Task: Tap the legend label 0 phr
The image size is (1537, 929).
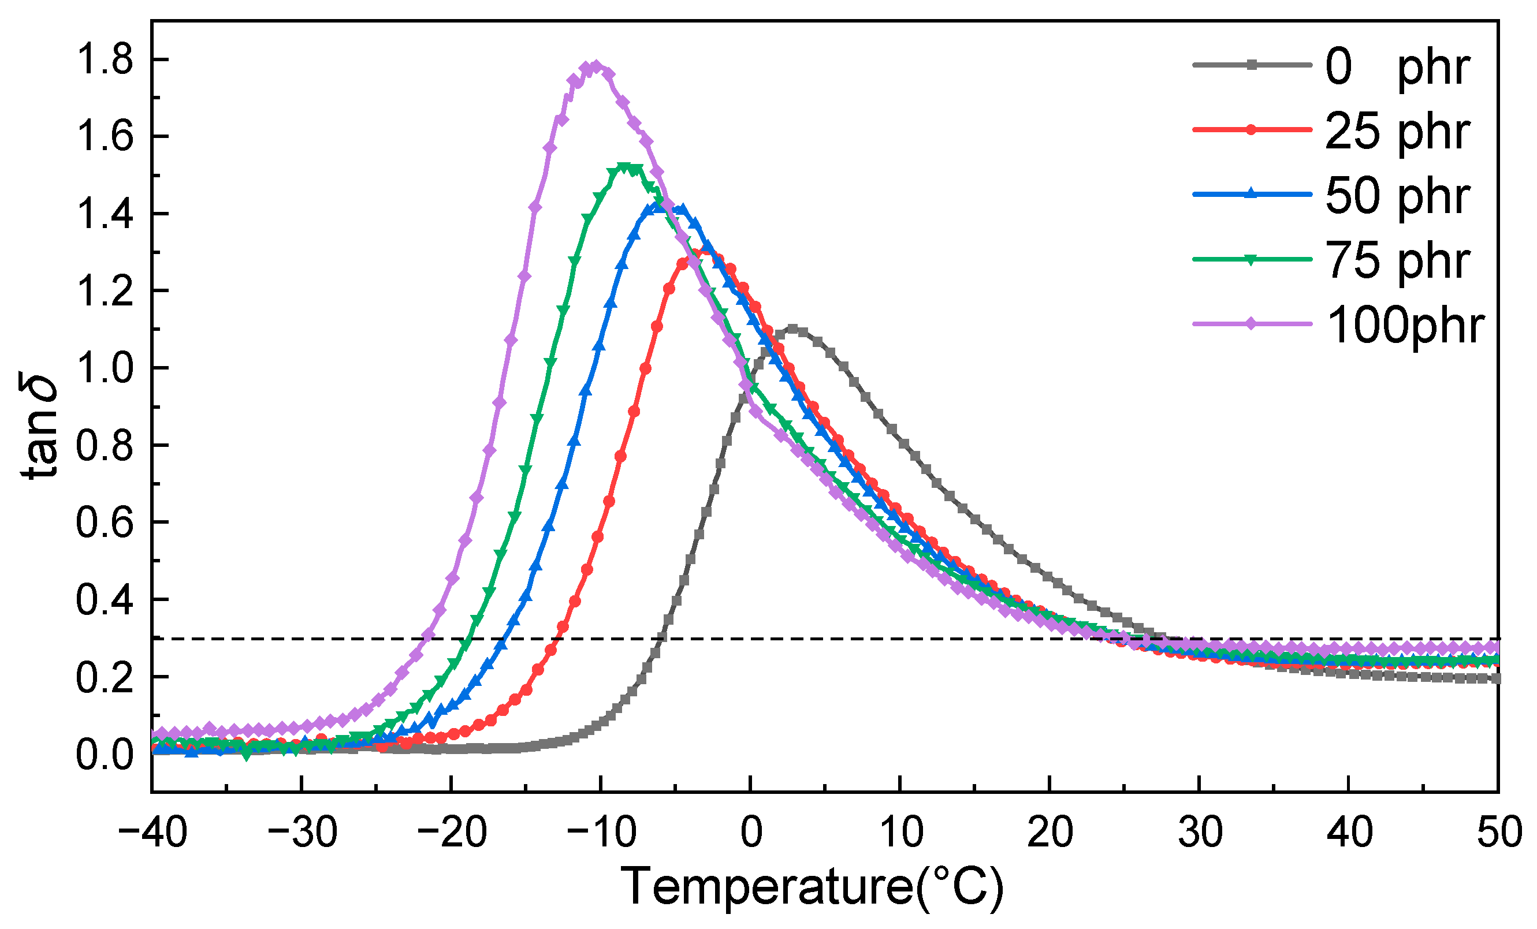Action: (x=1397, y=67)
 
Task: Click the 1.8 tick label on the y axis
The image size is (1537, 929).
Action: (x=104, y=61)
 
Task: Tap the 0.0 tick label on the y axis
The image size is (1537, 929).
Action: (x=104, y=755)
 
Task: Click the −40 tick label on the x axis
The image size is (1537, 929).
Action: (x=152, y=833)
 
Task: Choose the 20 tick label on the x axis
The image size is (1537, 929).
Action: (x=1050, y=833)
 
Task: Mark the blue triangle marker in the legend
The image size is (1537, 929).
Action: (x=1250, y=194)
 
